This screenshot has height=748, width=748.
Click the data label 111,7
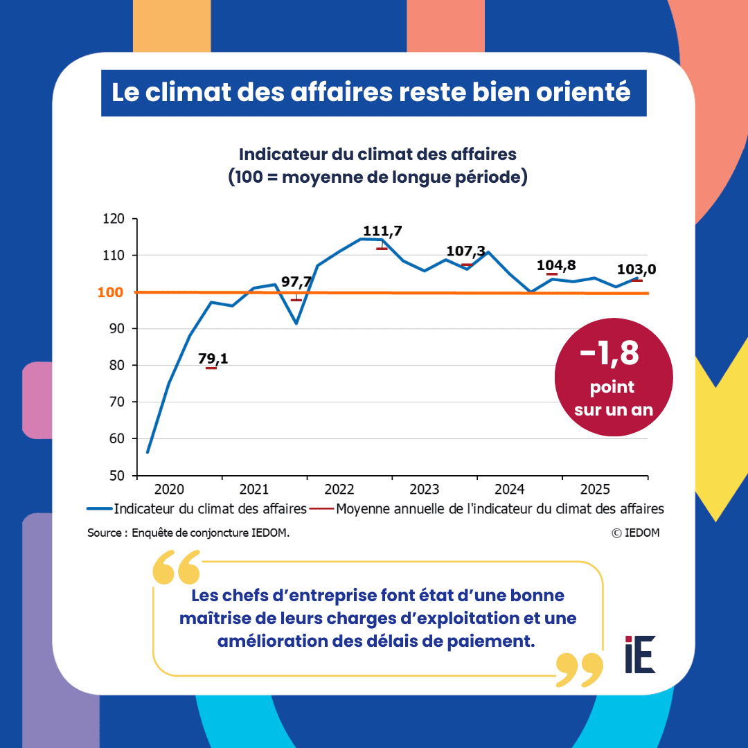382,231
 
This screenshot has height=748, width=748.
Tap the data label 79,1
213,358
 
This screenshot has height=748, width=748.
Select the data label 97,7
296,282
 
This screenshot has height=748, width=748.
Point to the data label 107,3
465,251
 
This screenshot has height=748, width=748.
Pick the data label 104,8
556,265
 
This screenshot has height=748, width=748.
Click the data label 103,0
637,269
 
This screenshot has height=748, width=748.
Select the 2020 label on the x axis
169,490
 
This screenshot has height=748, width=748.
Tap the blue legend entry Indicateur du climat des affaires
197,509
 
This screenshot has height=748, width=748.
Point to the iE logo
640,654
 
